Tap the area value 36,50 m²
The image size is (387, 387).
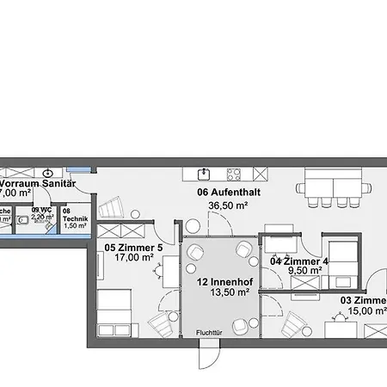pos(228,206)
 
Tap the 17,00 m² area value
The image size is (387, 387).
pos(135,257)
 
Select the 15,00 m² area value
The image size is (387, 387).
pos(365,311)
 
